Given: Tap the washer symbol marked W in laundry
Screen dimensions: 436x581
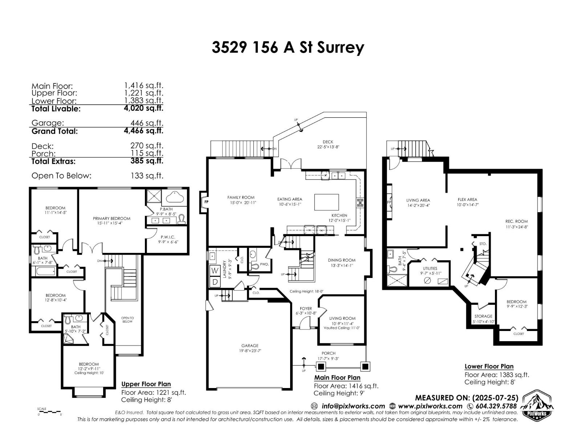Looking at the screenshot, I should tap(215, 270).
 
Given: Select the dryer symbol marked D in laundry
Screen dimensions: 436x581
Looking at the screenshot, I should tap(215, 282).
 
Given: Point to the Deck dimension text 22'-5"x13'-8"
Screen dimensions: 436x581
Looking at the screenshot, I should tap(328, 147).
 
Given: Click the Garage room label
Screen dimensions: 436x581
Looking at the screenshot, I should tap(250, 346).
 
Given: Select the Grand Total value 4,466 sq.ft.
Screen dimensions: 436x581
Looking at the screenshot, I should tap(143, 131).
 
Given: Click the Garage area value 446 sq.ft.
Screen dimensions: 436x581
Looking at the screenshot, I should tap(147, 123).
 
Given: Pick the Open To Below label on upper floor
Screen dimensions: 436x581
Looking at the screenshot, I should tap(127, 320).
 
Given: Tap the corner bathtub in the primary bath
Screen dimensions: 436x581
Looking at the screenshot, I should tap(176, 197).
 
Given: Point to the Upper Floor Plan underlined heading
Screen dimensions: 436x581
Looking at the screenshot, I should tap(146, 384).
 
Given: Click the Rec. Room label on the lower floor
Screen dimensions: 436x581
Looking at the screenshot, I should tap(516, 221).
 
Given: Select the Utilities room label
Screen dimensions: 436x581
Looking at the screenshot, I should tap(430, 269).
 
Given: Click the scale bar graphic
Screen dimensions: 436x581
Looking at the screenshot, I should tap(49, 412).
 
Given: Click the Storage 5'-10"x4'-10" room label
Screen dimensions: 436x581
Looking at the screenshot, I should tap(483, 316).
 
